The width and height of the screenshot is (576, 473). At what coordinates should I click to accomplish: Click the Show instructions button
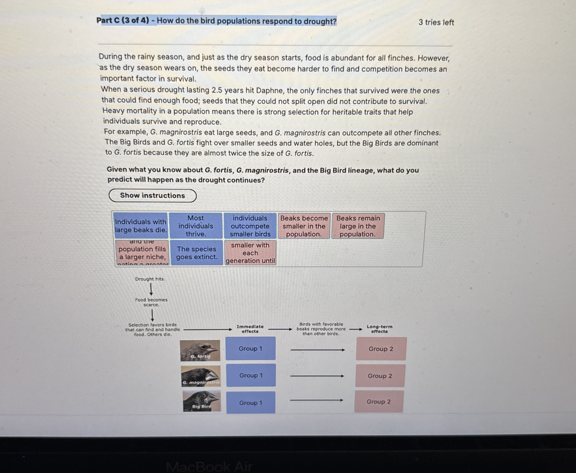point(152,196)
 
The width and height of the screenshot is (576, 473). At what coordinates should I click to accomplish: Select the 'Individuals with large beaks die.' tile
point(141,226)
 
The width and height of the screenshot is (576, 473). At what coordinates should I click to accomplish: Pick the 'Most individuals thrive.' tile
point(195,226)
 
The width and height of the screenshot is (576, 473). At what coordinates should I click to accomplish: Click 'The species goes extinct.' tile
point(197,253)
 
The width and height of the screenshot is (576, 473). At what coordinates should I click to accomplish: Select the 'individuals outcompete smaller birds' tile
point(250,226)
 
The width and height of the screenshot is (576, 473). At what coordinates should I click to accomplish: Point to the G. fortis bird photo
point(200,350)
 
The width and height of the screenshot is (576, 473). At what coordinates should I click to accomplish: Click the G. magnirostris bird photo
point(201,376)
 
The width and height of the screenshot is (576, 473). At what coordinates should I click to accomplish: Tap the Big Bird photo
point(201,401)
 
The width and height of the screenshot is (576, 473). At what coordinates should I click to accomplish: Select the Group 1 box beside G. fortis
point(250,348)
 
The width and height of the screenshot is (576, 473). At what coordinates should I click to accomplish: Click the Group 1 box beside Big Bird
point(251,403)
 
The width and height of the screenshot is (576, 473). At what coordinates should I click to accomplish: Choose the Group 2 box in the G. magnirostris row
point(380,376)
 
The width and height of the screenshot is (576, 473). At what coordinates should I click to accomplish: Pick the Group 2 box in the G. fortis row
point(381,349)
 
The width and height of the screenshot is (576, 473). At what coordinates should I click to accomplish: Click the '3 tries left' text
point(436,22)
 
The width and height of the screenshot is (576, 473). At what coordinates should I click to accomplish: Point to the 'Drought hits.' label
point(150,279)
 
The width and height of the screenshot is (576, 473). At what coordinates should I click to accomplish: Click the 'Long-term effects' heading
point(379,329)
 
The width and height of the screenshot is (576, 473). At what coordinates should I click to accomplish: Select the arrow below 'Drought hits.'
point(151,289)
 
